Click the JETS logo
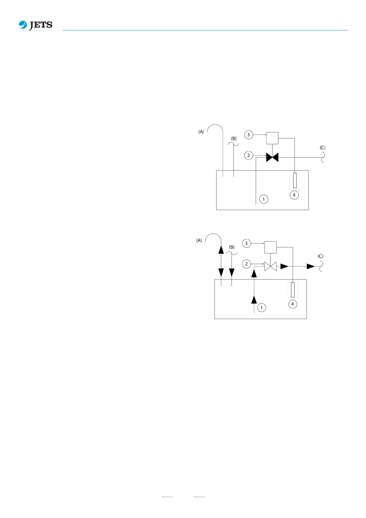point(35,25)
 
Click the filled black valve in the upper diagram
point(272,157)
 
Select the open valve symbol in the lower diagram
point(270,266)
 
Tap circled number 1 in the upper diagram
point(264,199)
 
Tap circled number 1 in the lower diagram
point(261,308)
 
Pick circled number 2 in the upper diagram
point(249,155)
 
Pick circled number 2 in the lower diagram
point(246,264)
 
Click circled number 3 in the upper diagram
point(249,135)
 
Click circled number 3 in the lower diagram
point(246,243)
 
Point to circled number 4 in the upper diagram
point(294,195)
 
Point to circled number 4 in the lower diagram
point(292,304)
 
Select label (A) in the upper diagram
point(201,132)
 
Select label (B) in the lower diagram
point(232,247)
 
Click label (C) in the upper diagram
point(322,148)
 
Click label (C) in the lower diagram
point(320,256)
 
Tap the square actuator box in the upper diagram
point(272,138)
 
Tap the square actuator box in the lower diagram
point(270,247)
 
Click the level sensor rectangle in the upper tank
point(295,181)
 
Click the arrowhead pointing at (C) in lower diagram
point(311,266)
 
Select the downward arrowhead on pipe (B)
point(232,273)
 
